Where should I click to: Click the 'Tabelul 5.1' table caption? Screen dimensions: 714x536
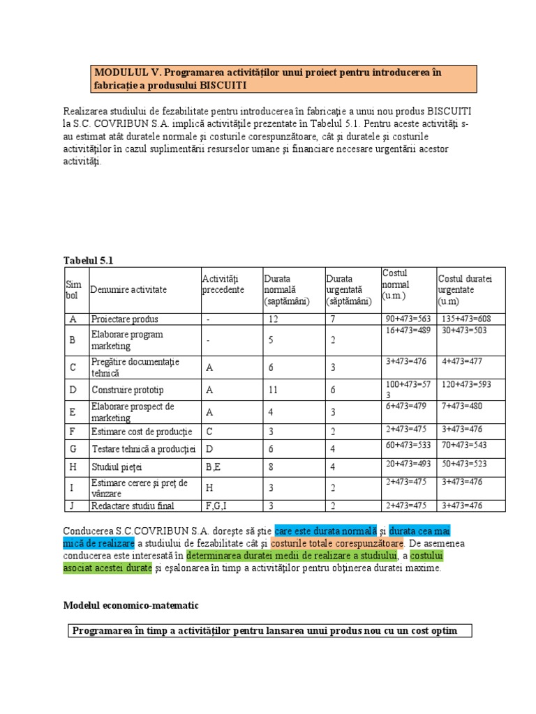point(88,260)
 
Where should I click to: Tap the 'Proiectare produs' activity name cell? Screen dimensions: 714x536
point(125,319)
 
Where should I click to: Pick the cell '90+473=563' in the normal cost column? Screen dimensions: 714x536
point(408,319)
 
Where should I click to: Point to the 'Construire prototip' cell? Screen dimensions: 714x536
point(128,390)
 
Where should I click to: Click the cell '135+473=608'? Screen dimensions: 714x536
point(466,319)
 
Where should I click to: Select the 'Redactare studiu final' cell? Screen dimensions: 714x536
point(133,506)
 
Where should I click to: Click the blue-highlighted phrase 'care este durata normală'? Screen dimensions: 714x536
point(326,531)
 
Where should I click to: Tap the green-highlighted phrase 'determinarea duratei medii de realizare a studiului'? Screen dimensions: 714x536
point(292,556)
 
